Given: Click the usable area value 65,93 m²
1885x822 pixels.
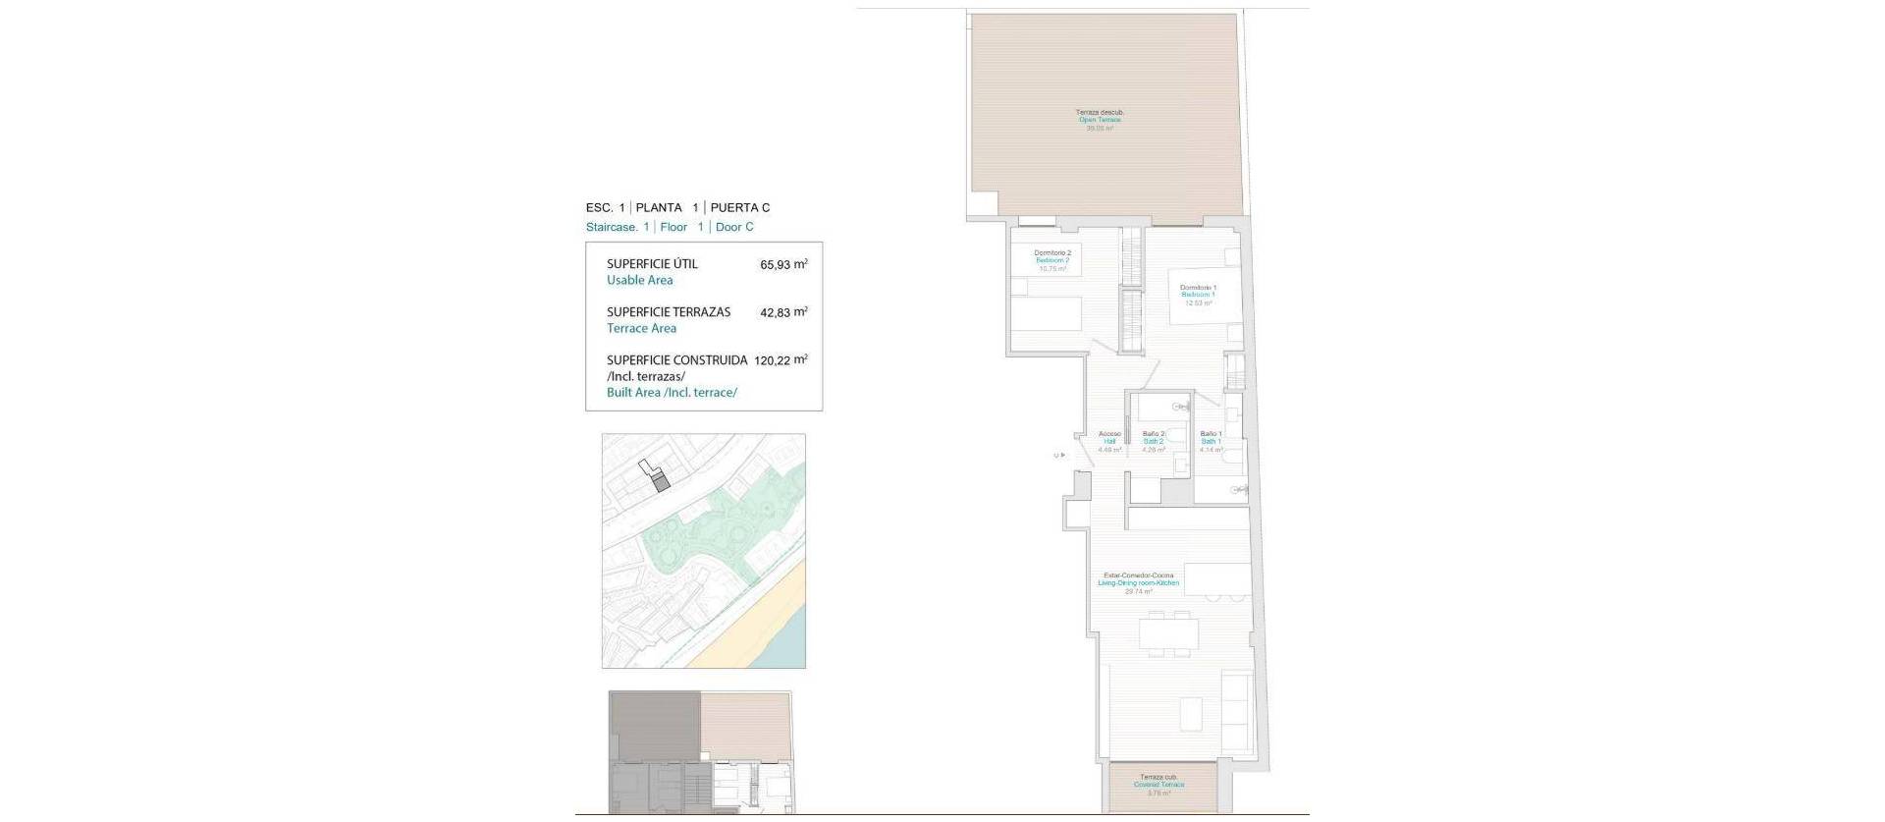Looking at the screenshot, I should coord(783,264).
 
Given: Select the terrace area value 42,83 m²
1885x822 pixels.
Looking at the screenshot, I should coord(783,312).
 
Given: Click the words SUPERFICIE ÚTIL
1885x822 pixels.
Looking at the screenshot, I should coord(652,264).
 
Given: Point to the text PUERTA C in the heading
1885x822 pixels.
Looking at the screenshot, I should coord(739,208).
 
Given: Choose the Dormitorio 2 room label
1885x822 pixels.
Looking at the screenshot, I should coord(1052,260).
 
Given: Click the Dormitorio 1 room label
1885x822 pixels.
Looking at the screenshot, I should coord(1198,295).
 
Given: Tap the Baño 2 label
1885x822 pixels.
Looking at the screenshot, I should coord(1154,441).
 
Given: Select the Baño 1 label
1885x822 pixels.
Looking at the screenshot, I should coord(1211,441).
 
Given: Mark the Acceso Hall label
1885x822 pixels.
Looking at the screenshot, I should coord(1109,441).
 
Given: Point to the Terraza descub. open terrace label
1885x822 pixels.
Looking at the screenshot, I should coord(1100,120).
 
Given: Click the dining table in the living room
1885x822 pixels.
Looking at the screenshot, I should coord(1168,633).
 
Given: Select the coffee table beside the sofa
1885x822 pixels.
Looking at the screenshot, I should coord(1190,711).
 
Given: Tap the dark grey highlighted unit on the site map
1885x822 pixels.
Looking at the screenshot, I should coord(661,481).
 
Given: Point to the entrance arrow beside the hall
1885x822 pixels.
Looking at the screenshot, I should coord(1058,455).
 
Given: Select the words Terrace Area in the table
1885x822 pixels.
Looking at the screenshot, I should coord(641,329).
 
